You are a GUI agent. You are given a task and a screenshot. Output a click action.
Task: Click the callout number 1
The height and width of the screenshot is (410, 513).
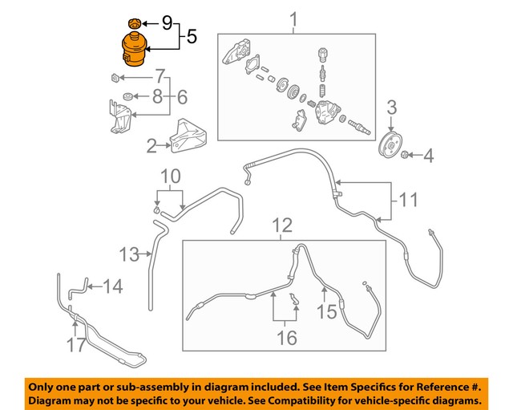coord(293,18)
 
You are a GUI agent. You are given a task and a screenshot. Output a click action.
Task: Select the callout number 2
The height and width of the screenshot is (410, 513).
coord(152,146)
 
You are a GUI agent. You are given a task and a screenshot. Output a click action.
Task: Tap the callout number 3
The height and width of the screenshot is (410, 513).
coord(392,108)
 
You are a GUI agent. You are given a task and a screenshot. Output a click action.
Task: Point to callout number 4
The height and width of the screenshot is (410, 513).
coord(428,155)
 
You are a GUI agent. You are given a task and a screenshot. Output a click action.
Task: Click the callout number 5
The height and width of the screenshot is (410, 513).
coord(192,36)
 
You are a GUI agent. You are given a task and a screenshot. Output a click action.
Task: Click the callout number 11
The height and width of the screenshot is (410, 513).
coord(409,199)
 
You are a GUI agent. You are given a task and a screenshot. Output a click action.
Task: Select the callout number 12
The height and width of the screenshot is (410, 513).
coord(281,225)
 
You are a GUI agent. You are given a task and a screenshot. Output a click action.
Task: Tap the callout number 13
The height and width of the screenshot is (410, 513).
coord(130,254)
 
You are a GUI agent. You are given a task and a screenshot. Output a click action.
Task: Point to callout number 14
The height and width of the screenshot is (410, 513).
coord(113,286)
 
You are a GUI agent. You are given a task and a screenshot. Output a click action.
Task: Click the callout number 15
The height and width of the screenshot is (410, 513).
coord(327,310)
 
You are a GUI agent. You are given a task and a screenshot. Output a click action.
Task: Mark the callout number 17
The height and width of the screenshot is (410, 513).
coord(77,346)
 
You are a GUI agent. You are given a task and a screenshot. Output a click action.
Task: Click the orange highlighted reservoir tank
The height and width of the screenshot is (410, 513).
coord(134,50)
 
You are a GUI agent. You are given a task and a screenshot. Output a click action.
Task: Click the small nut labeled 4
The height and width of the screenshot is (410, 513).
coord(407,154)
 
